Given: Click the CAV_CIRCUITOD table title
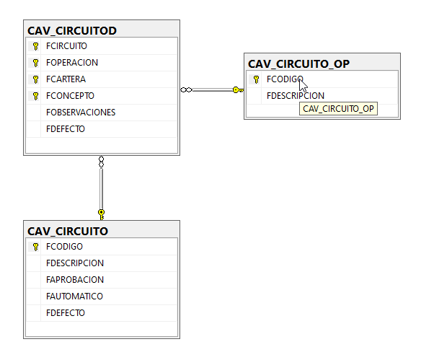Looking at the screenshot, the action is click(x=72, y=30).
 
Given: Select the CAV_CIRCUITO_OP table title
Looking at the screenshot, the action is click(x=298, y=64).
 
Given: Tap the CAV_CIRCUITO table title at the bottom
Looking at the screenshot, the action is click(x=68, y=232).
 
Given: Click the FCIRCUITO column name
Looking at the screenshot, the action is click(x=66, y=46).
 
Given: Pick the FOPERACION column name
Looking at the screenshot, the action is click(x=72, y=63).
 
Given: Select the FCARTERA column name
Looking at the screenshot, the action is click(x=66, y=79).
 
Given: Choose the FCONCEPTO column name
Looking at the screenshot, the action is click(x=70, y=96).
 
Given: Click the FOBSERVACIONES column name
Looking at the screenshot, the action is click(x=81, y=113).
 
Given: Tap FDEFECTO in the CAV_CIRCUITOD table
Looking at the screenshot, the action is click(x=66, y=129).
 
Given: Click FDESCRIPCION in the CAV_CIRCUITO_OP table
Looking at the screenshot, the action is click(x=296, y=96).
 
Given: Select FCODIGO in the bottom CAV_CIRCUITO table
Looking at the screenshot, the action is click(x=64, y=247).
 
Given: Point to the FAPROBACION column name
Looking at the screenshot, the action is click(x=75, y=280).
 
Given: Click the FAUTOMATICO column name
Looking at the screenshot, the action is click(x=74, y=297).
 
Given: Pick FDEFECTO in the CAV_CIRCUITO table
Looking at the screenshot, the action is click(x=66, y=313).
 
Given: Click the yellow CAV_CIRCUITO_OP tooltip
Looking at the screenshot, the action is click(x=338, y=109).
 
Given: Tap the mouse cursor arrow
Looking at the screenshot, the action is click(x=303, y=85).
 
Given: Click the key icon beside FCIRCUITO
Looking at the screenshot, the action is click(x=35, y=46).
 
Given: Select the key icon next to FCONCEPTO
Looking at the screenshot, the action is click(x=35, y=96).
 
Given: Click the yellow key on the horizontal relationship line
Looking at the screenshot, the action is click(x=238, y=90).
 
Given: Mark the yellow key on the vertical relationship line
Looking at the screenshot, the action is click(x=101, y=215).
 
